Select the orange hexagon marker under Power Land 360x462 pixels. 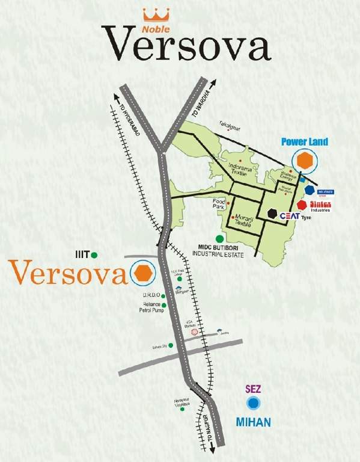coord(305,161)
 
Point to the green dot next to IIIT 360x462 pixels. coord(95,255)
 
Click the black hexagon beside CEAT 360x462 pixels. coord(273,214)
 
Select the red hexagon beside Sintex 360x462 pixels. coord(302,205)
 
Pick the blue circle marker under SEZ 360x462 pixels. coord(255,402)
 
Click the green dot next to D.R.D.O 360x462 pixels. coord(163,295)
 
